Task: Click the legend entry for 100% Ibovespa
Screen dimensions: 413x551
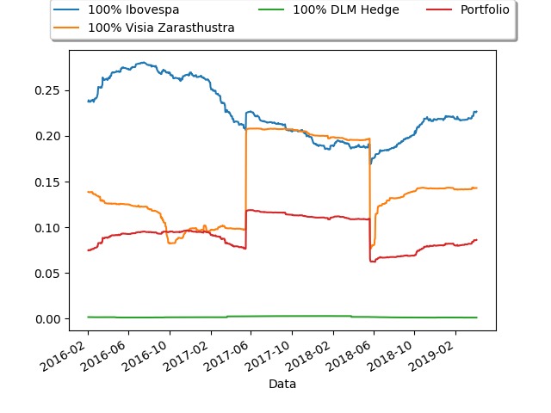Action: (x=130, y=11)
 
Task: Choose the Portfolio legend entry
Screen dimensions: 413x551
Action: (x=485, y=11)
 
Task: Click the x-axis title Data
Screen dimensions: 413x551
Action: (x=282, y=384)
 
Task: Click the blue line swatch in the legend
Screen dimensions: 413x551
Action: (x=67, y=11)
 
